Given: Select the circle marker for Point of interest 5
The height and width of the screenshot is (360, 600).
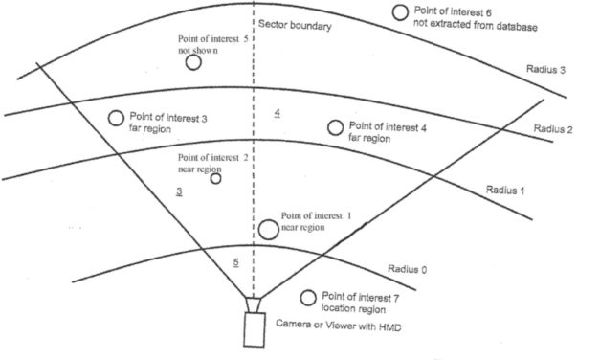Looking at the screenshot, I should pyautogui.click(x=193, y=62).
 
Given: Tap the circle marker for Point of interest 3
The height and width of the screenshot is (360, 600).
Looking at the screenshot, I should pyautogui.click(x=116, y=118).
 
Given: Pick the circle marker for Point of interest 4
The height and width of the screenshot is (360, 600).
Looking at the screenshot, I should pyautogui.click(x=335, y=127).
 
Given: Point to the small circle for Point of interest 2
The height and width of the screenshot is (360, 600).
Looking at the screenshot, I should pyautogui.click(x=215, y=178).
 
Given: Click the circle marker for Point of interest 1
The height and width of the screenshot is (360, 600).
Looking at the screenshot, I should pyautogui.click(x=268, y=230).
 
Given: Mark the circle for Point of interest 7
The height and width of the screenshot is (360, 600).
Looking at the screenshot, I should pyautogui.click(x=308, y=298).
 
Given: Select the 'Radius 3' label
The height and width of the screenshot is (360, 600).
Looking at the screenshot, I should pyautogui.click(x=546, y=70).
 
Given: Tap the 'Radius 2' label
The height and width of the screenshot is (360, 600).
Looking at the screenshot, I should pyautogui.click(x=552, y=129).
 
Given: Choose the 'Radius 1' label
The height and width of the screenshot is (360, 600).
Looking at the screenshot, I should pyautogui.click(x=506, y=190).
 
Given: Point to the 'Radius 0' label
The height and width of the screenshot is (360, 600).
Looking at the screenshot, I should pyautogui.click(x=408, y=269).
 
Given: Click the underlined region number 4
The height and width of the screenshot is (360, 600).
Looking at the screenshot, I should pyautogui.click(x=277, y=114).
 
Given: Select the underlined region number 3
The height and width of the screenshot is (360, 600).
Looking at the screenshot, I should pyautogui.click(x=179, y=192).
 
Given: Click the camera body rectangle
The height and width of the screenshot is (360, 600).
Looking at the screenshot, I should pyautogui.click(x=256, y=329).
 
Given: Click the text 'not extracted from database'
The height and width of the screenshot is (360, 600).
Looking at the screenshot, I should pyautogui.click(x=476, y=25).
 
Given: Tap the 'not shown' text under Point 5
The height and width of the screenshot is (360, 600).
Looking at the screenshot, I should pyautogui.click(x=197, y=50).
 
